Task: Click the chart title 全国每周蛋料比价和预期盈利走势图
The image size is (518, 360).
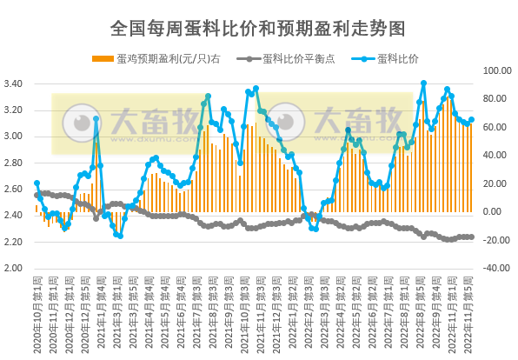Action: tap(258, 29)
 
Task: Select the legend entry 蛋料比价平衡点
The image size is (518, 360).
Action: tap(294, 59)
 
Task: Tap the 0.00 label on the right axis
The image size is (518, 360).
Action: tap(495, 211)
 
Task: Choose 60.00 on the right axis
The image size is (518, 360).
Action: tap(495, 128)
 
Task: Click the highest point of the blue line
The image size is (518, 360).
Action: tap(423, 83)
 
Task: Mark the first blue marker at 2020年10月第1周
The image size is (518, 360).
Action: tap(37, 183)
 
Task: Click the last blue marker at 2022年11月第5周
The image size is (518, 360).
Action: tap(472, 120)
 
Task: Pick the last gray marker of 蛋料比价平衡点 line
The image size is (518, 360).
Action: tap(472, 237)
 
